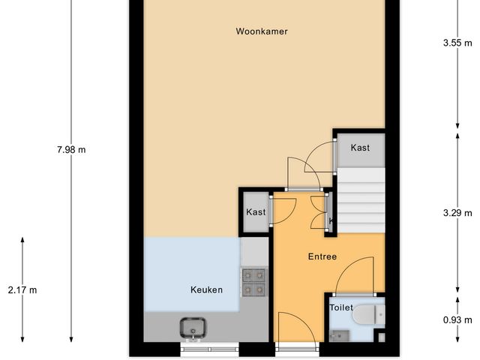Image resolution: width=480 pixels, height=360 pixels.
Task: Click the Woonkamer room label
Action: [262, 31]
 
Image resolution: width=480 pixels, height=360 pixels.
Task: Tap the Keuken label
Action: [206, 289]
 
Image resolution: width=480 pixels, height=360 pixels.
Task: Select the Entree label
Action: [322, 256]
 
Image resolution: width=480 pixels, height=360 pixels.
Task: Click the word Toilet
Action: [341, 307]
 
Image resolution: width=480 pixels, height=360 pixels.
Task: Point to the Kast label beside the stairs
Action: [360, 148]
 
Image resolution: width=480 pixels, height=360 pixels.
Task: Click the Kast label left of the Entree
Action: [256, 212]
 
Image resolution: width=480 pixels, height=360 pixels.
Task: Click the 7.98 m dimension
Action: [71, 149]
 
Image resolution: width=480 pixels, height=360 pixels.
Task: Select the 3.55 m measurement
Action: [457, 43]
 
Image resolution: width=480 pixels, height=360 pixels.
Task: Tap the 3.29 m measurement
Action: [457, 212]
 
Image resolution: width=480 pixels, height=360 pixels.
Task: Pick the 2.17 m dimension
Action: [22, 289]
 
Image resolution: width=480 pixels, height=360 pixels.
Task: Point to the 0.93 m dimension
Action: [457, 320]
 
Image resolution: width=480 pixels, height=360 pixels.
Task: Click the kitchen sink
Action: [194, 327]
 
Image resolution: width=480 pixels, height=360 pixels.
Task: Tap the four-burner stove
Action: [254, 281]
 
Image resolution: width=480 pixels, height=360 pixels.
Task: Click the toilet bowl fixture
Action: [367, 315]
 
